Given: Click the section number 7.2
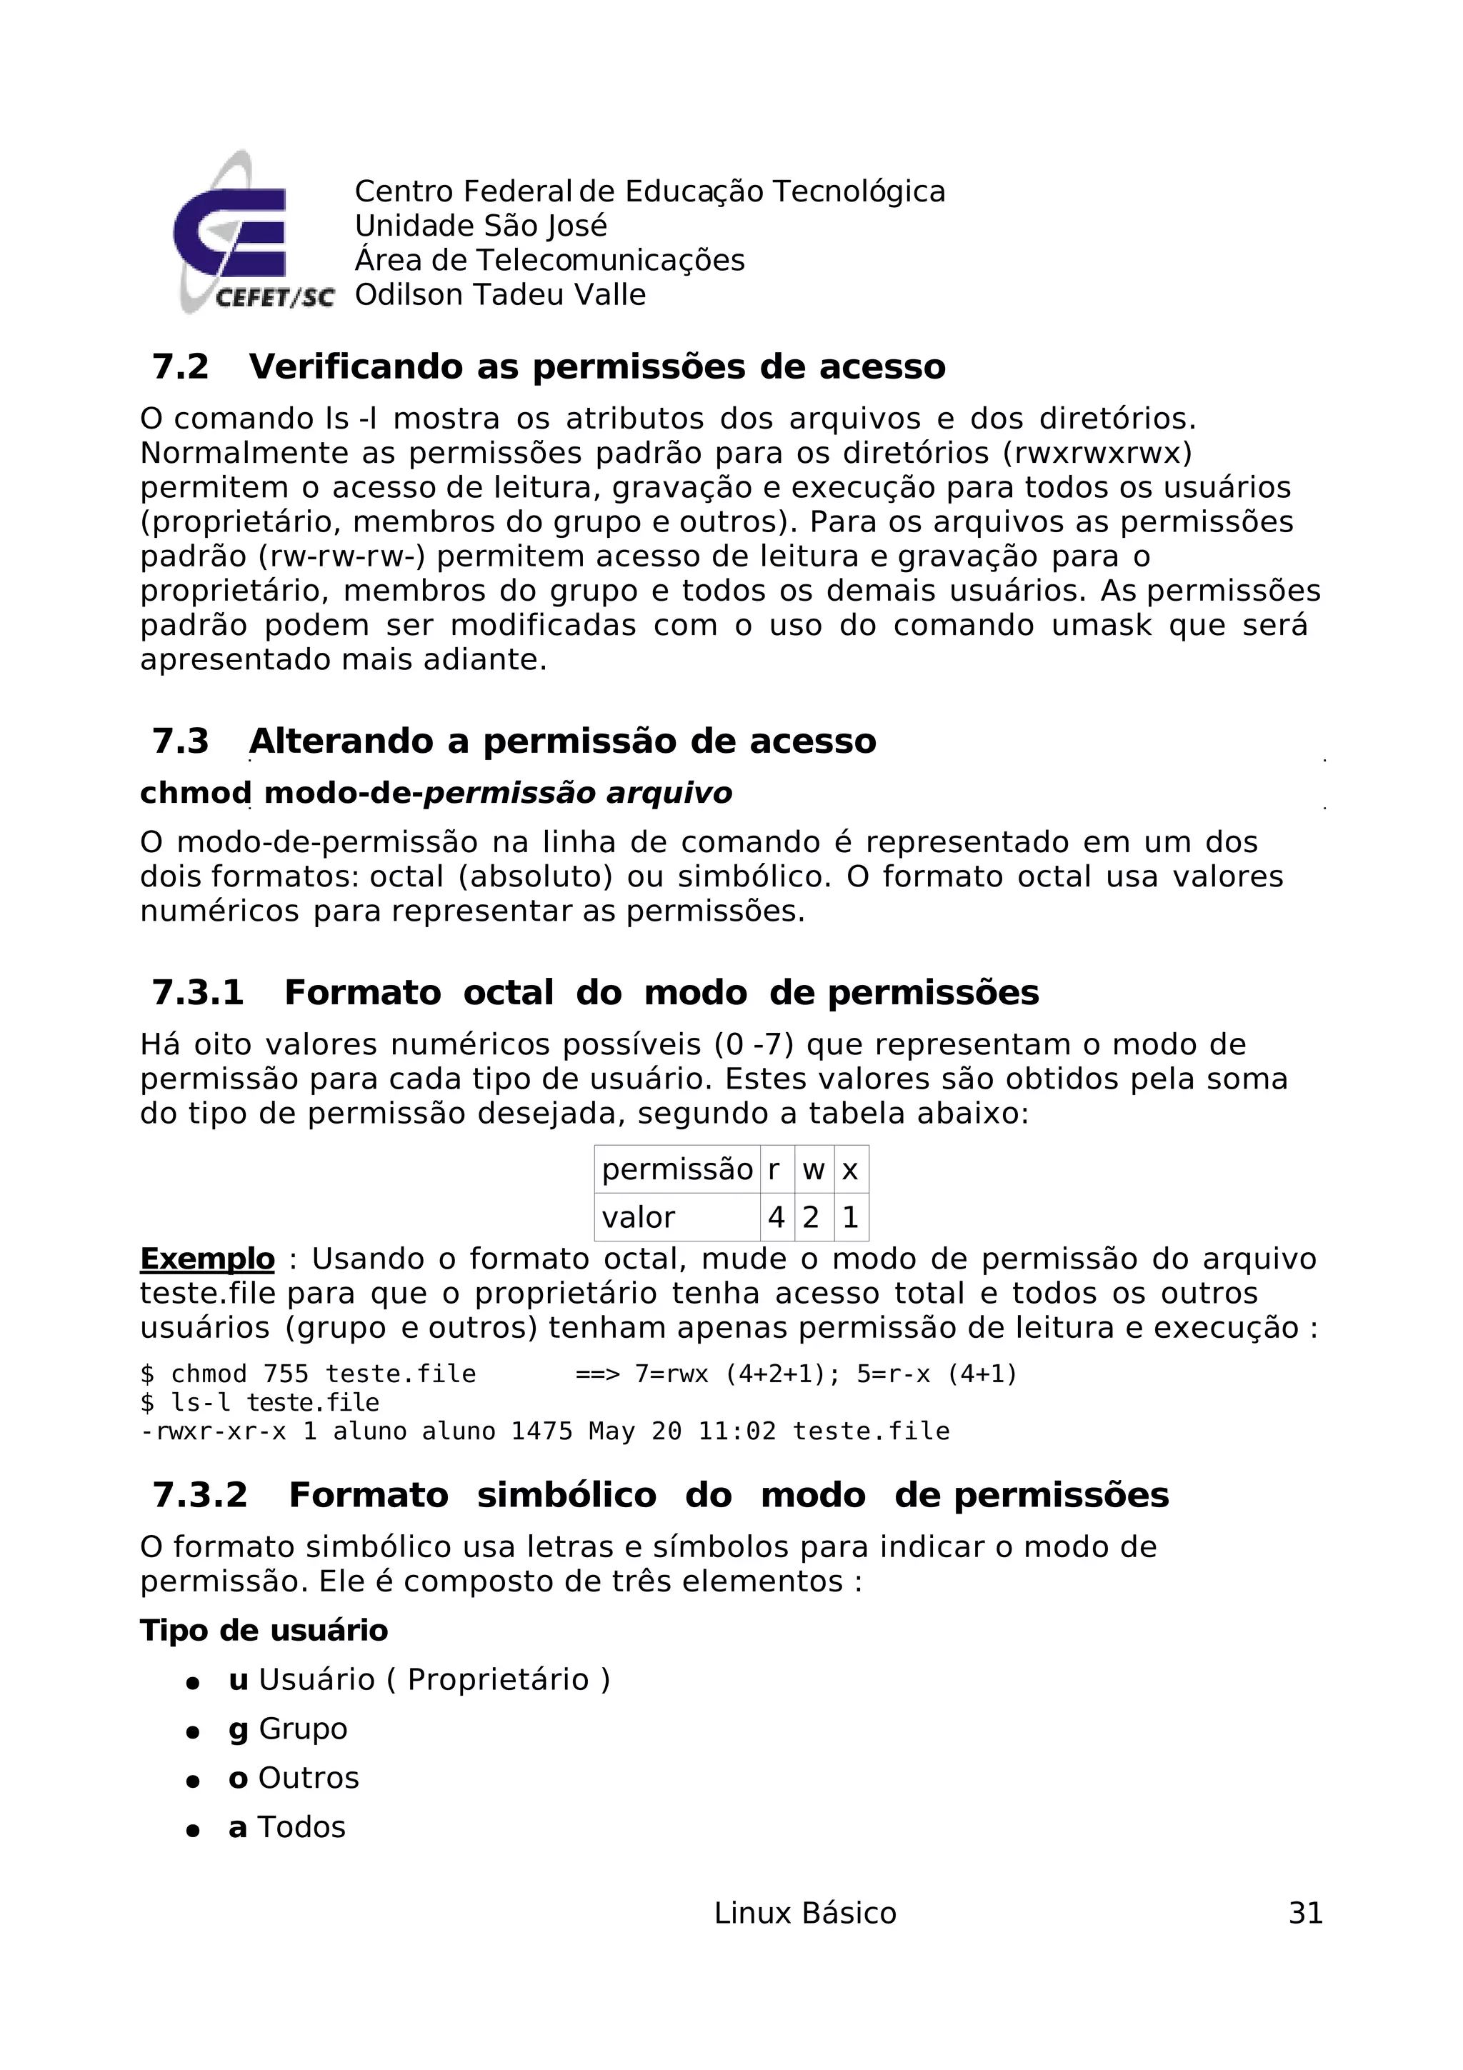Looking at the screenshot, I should point(180,367).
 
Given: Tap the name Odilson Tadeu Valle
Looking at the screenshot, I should point(500,295).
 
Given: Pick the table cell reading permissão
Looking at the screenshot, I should point(677,1169).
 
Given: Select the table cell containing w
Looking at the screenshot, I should point(813,1169).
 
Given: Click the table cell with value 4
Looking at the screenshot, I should point(776,1217).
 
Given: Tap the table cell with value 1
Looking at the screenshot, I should point(850,1217).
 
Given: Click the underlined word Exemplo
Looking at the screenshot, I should point(207,1259).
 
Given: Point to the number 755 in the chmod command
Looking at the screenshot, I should point(286,1374).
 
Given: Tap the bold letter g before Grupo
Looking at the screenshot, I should point(238,1729).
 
